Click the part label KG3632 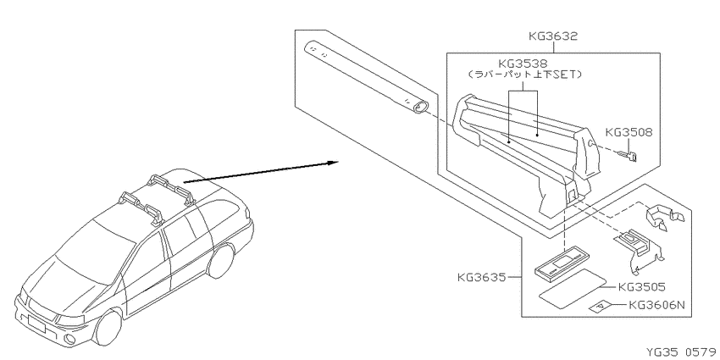[x=552, y=36]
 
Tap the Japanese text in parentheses [x=525, y=75]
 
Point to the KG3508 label [x=629, y=132]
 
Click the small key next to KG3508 [x=627, y=157]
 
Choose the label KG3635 [x=481, y=277]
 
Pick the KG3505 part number [x=642, y=287]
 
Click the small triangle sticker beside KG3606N [x=601, y=307]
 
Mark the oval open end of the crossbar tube [x=419, y=107]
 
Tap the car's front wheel [x=108, y=327]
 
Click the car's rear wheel [x=221, y=260]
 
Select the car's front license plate [x=36, y=324]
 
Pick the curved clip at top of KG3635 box [x=664, y=216]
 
